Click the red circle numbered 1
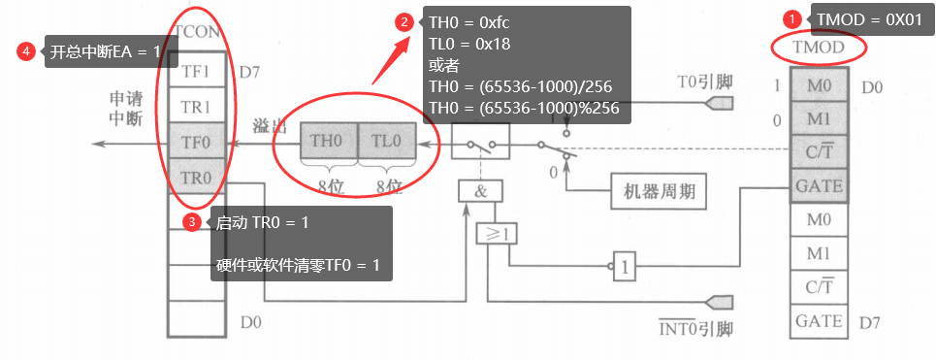[x=792, y=18]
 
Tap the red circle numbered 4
[x=26, y=52]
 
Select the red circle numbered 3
[x=193, y=222]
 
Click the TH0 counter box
[x=326, y=140]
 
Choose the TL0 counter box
[x=386, y=140]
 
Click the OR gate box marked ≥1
[x=495, y=233]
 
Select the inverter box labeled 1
[x=625, y=263]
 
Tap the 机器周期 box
[x=658, y=192]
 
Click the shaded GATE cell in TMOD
[x=819, y=184]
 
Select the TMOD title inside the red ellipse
[x=818, y=47]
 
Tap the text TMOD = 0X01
[x=868, y=18]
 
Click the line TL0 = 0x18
[x=469, y=44]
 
